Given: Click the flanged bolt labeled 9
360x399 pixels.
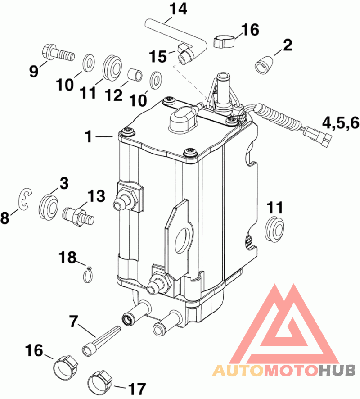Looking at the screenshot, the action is pyautogui.click(x=58, y=53).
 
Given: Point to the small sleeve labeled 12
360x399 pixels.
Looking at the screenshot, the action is pyautogui.click(x=135, y=75).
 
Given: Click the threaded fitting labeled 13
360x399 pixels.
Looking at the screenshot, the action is pyautogui.click(x=78, y=216).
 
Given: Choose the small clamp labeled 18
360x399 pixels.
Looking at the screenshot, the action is pyautogui.click(x=88, y=275).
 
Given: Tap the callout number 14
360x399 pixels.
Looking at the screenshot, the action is pyautogui.click(x=178, y=9).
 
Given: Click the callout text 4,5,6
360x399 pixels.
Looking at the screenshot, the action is pyautogui.click(x=341, y=123).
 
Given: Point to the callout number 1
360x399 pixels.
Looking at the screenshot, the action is pyautogui.click(x=89, y=136).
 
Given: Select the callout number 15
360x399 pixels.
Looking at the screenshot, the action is pyautogui.click(x=158, y=56).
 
